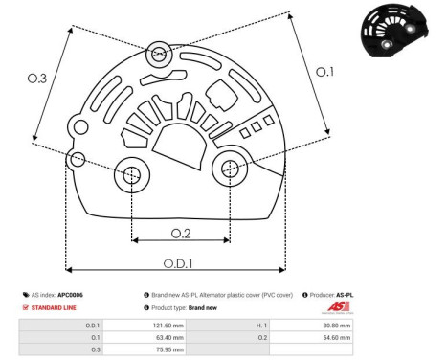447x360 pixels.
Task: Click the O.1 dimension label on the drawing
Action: [326, 72]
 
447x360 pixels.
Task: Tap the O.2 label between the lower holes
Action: [181, 233]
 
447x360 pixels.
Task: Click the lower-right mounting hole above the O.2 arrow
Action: [231, 169]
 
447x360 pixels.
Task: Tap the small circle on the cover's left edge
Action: [78, 157]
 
